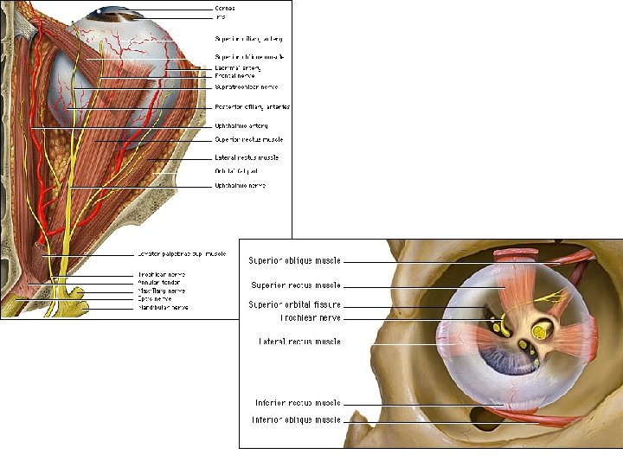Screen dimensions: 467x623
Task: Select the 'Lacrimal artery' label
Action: click(x=237, y=67)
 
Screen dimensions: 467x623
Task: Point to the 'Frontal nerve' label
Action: click(x=234, y=76)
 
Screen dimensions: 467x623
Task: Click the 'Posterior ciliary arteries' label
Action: click(x=252, y=107)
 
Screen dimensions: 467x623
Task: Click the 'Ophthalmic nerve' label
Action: click(x=240, y=185)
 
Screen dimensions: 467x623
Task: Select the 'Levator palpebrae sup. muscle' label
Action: click(x=181, y=254)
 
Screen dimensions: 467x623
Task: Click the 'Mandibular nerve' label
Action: click(x=163, y=307)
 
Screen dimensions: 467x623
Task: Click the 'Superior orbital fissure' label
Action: click(x=294, y=305)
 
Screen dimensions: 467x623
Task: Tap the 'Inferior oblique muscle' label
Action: click(x=296, y=420)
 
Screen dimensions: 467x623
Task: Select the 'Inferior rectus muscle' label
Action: click(x=296, y=404)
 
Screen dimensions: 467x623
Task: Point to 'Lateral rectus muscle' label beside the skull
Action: click(x=299, y=342)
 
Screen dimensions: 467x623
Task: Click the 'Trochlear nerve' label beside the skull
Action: click(x=310, y=318)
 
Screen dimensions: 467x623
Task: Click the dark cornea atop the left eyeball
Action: click(x=109, y=11)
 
